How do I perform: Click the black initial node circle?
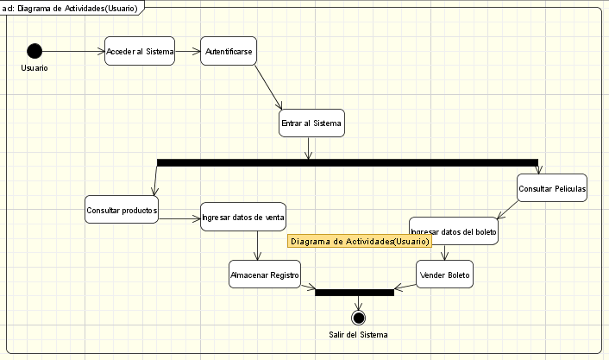35,51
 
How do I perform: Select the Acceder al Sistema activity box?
140,52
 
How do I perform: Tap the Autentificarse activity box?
229,52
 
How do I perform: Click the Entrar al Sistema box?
311,123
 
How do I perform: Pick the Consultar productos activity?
122,210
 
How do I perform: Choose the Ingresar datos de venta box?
243,217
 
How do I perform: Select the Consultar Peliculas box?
552,188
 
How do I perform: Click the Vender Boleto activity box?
445,275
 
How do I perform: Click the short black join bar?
355,292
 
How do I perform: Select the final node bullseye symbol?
359,318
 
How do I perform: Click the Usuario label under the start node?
35,68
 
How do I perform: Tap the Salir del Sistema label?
358,335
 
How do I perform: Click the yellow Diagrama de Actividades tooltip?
359,242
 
